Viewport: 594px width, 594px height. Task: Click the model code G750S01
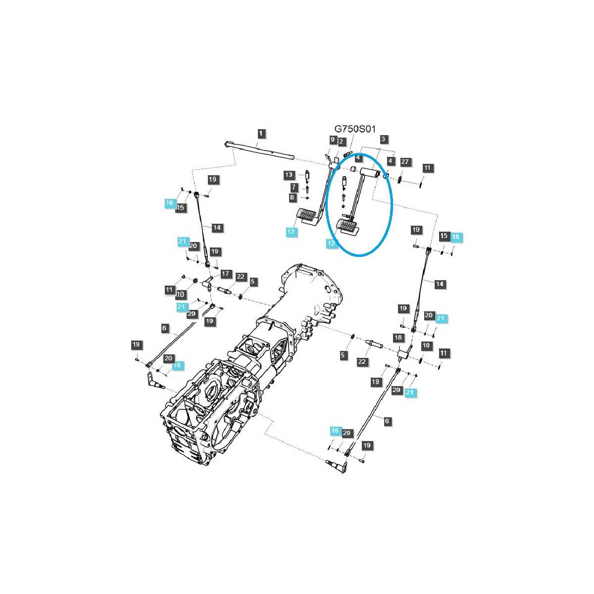(x=355, y=129)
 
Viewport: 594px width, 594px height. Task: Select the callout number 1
(x=261, y=133)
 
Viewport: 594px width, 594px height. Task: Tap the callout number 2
(x=341, y=142)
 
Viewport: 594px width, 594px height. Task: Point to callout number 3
(x=383, y=140)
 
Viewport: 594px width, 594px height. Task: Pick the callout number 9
(x=333, y=140)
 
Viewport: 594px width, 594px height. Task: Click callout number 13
(x=289, y=175)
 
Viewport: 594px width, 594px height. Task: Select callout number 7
(x=294, y=187)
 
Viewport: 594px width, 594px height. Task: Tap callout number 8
(x=292, y=198)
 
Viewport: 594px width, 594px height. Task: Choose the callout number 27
(x=405, y=162)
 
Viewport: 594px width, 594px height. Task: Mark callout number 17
(x=226, y=274)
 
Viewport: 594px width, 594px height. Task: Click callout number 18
(x=398, y=338)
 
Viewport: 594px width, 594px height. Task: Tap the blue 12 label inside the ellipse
(x=331, y=244)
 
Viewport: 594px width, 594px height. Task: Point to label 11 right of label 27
(x=428, y=168)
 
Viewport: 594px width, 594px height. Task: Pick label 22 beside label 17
(x=241, y=277)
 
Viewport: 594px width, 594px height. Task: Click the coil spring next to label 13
(x=307, y=175)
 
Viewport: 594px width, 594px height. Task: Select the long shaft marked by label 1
(x=260, y=150)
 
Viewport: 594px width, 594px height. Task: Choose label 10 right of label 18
(x=426, y=346)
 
